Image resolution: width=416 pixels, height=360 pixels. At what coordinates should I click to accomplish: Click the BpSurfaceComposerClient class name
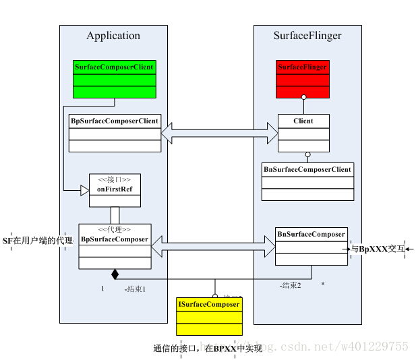(115, 121)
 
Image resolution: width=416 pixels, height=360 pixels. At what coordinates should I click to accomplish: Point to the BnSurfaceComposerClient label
(307, 169)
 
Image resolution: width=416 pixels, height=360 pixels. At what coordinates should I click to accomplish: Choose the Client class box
(304, 133)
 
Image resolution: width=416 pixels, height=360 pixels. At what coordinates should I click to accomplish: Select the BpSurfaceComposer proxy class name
(115, 239)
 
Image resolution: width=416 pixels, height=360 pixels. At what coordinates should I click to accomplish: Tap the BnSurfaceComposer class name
(311, 235)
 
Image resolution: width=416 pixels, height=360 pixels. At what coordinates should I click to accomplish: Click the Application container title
(113, 36)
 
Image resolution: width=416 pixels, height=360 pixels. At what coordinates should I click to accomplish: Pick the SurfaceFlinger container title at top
(307, 36)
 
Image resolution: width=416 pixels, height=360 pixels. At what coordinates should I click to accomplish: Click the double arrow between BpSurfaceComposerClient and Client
(219, 132)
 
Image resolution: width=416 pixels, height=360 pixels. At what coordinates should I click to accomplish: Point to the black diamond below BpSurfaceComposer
(115, 274)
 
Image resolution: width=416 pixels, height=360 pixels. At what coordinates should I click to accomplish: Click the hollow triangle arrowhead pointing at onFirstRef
(84, 191)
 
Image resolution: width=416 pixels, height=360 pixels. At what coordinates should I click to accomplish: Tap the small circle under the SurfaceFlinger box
(303, 98)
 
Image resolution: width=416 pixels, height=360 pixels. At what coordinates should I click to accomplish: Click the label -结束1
(135, 289)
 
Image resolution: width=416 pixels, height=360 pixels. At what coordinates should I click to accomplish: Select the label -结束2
(290, 285)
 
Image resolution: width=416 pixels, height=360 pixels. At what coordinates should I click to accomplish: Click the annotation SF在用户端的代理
(38, 241)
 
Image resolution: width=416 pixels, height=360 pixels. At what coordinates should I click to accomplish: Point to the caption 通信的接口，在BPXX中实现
(208, 349)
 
